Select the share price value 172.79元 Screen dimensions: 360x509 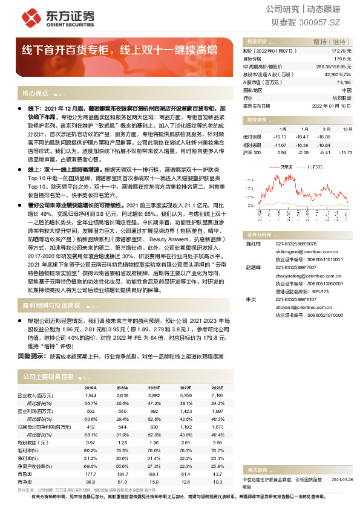342,53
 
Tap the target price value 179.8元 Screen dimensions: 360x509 343,59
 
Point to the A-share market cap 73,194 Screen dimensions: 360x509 343,82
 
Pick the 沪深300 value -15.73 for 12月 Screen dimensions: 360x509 345,152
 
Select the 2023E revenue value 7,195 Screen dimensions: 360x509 215,395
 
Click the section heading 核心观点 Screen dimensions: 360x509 34,94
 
